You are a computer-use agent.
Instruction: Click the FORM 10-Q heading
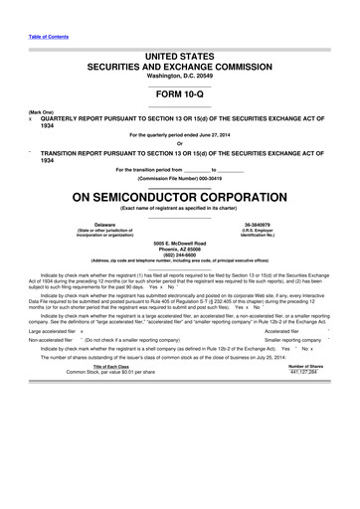coord(179,97)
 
